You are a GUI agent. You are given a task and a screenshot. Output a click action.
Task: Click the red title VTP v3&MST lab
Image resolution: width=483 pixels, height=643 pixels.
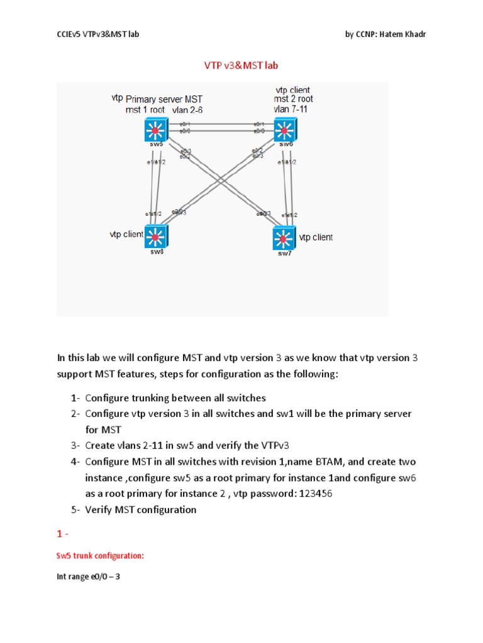click(x=241, y=65)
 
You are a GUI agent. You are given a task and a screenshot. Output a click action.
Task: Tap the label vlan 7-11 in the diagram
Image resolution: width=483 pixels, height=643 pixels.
click(x=290, y=109)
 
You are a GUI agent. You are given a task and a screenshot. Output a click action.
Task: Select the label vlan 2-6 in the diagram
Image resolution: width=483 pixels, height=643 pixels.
click(x=187, y=110)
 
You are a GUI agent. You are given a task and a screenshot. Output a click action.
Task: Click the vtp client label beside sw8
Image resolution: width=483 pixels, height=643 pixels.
click(x=126, y=234)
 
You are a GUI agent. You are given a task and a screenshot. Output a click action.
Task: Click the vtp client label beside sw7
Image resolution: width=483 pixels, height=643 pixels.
click(x=316, y=237)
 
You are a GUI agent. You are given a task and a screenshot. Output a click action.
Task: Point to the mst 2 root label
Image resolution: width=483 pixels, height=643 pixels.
click(x=293, y=99)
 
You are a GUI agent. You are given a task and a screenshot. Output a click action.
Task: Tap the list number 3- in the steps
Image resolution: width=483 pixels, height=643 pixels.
click(x=75, y=446)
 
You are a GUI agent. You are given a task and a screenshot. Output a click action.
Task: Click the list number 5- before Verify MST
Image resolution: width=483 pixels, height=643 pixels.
click(x=75, y=510)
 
